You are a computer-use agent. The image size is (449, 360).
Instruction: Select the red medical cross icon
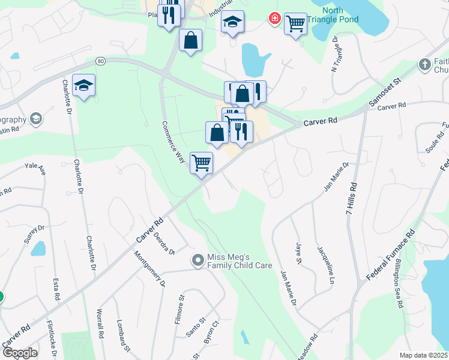tap(275, 19)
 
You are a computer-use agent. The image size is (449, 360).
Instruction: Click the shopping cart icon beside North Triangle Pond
tap(295, 24)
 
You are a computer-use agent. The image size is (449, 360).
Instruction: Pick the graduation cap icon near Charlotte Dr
tap(84, 85)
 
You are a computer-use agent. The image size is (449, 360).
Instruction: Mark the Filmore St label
tap(179, 309)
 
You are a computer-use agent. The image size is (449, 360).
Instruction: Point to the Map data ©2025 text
tap(423, 355)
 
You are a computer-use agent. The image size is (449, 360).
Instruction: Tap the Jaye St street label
tap(297, 253)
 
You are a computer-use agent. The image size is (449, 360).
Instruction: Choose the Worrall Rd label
tap(100, 325)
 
